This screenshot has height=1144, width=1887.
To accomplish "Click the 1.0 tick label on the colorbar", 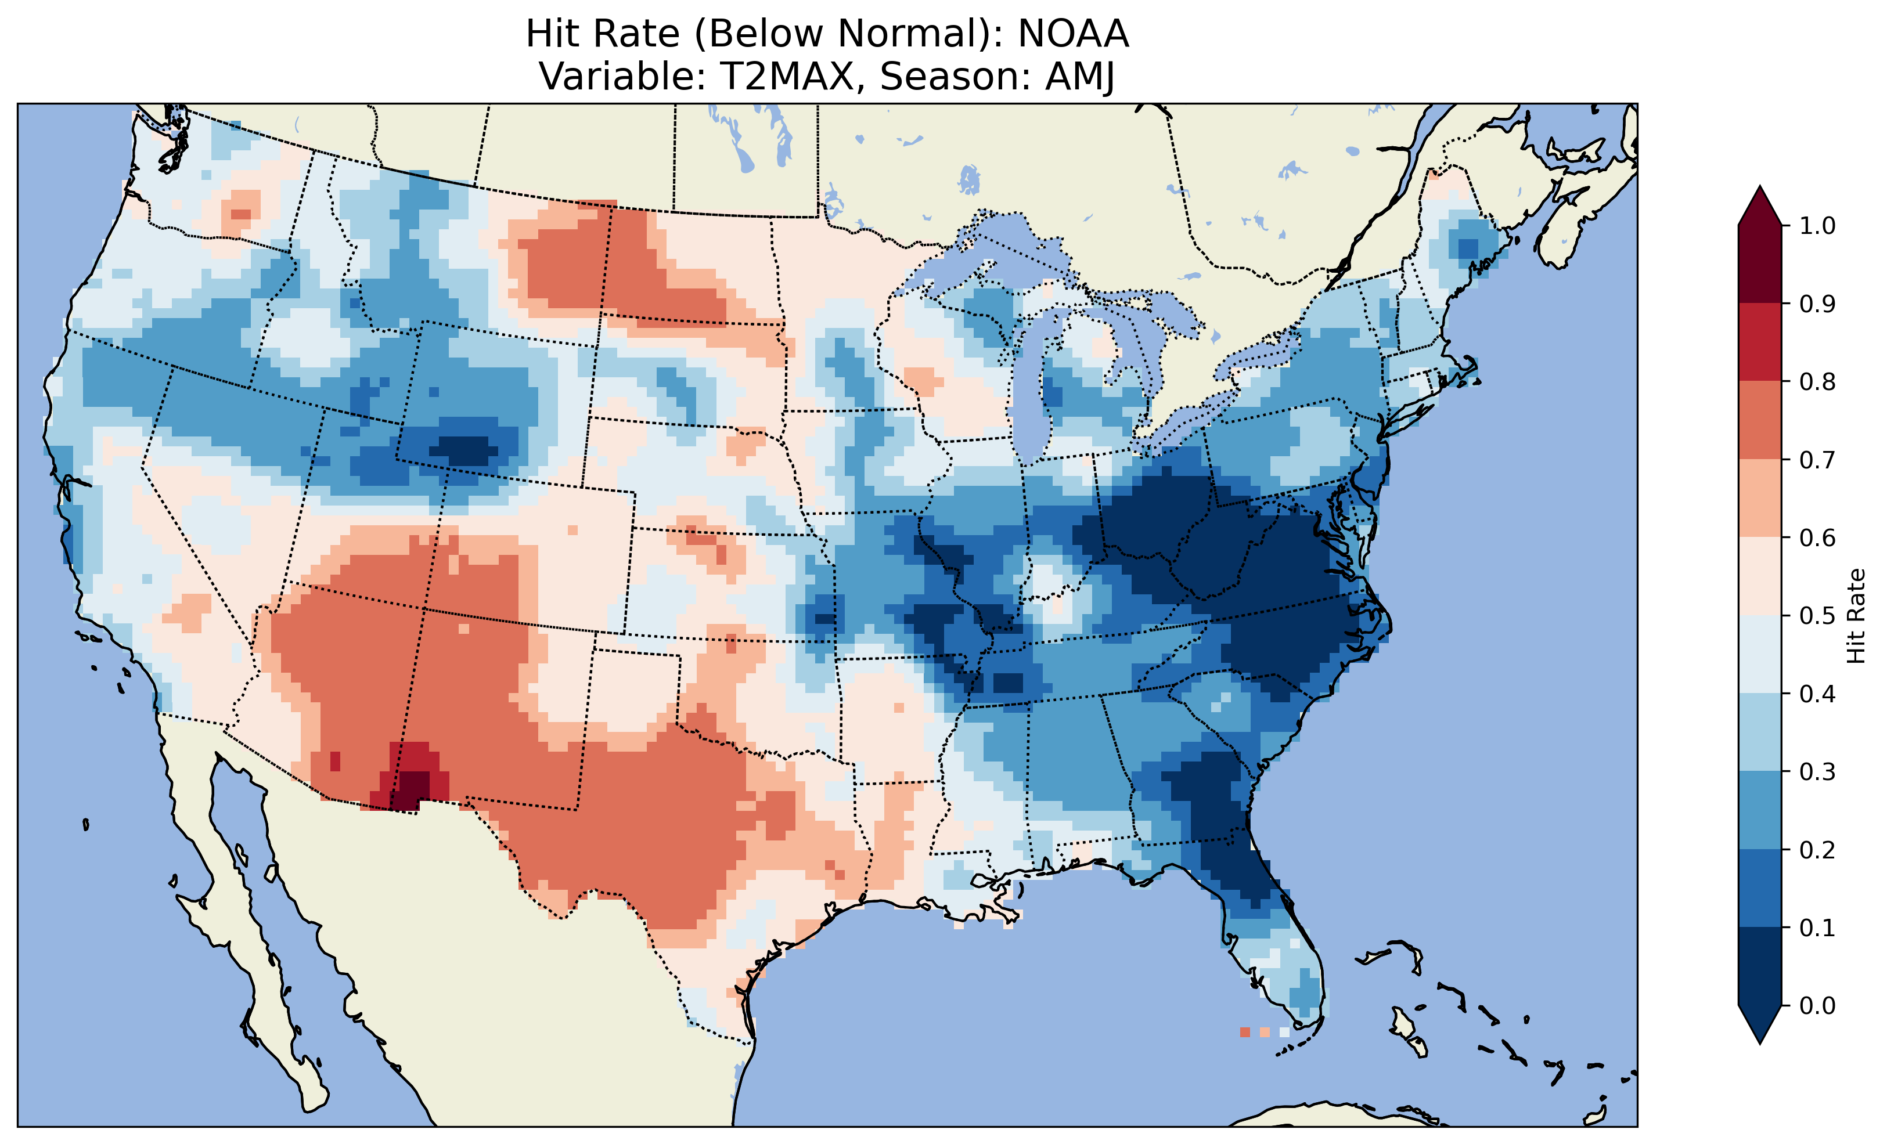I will (1817, 226).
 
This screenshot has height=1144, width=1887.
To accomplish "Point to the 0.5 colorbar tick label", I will (1817, 616).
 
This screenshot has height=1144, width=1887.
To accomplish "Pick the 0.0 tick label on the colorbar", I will (1817, 1005).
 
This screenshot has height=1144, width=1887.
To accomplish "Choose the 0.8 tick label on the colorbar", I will (1817, 381).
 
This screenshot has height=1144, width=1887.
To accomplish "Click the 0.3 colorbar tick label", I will (1817, 772).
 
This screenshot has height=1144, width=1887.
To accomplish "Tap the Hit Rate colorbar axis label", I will (1856, 616).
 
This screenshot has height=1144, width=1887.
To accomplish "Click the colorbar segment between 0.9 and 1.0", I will (1760, 264).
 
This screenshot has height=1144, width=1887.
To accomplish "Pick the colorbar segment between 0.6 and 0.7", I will (1760, 498).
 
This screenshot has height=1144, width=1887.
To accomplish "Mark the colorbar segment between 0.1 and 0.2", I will (1760, 888).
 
